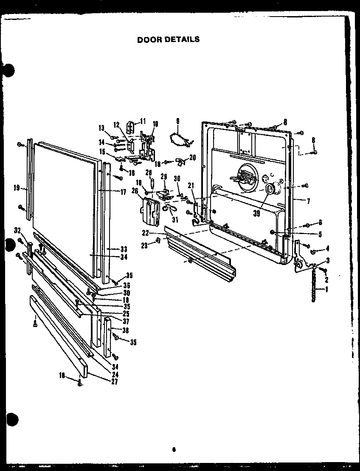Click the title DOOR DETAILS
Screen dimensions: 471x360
click(168, 39)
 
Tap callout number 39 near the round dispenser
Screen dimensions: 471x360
click(256, 214)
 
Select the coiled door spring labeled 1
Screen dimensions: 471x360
click(315, 288)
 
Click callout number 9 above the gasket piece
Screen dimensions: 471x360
click(177, 121)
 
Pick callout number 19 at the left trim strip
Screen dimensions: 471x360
click(17, 188)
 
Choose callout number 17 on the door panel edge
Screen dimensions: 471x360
click(123, 192)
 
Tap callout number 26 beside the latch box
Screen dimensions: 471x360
click(135, 191)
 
